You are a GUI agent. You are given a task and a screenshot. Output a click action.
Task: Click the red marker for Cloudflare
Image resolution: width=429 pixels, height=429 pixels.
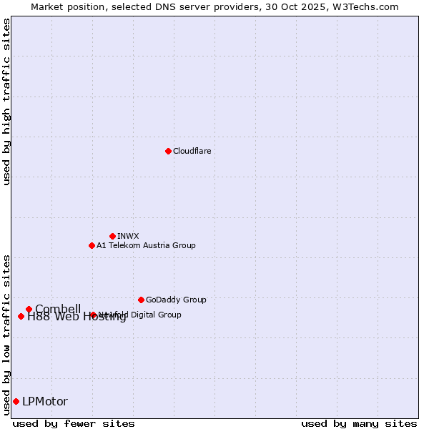pyautogui.click(x=168, y=151)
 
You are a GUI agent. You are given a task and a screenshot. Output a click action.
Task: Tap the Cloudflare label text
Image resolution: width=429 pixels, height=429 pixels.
pyautogui.click(x=192, y=151)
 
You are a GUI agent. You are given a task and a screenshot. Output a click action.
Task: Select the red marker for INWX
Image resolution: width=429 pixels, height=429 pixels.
pyautogui.click(x=112, y=236)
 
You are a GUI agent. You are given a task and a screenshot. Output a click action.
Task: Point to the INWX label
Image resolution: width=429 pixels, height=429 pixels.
pyautogui.click(x=128, y=236)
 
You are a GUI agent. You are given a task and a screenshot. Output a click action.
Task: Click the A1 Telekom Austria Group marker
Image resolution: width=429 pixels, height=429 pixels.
pyautogui.click(x=92, y=245)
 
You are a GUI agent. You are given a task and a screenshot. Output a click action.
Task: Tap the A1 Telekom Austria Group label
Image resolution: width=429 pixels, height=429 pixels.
pyautogui.click(x=146, y=245)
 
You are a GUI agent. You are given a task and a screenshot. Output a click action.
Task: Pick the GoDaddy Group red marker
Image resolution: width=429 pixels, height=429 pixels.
pyautogui.click(x=141, y=300)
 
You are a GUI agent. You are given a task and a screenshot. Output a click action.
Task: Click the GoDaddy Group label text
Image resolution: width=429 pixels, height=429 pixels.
pyautogui.click(x=176, y=300)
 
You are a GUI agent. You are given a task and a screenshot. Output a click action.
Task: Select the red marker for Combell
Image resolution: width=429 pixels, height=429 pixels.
pyautogui.click(x=29, y=309)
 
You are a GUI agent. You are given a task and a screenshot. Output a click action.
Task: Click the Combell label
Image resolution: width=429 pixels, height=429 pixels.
pyautogui.click(x=58, y=309)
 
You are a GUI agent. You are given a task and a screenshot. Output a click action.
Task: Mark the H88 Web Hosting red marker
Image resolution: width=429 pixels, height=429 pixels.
pyautogui.click(x=21, y=316)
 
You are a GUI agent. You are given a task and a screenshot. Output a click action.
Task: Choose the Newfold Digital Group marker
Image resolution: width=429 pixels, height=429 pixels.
pyautogui.click(x=93, y=315)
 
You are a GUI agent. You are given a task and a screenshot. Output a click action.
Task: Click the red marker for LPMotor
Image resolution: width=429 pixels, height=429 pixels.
pyautogui.click(x=16, y=401)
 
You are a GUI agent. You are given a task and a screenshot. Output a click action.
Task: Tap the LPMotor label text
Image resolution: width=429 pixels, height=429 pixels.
pyautogui.click(x=45, y=401)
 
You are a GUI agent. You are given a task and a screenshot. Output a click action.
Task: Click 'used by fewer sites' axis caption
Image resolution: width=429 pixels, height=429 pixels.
pyautogui.click(x=74, y=423)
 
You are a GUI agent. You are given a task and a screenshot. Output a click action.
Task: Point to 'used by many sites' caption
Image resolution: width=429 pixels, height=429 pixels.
pyautogui.click(x=359, y=423)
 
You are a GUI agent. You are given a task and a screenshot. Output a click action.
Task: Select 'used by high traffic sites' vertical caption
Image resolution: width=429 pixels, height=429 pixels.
pyautogui.click(x=6, y=102)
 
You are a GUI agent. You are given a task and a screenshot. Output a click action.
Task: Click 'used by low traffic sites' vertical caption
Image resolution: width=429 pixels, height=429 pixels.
pyautogui.click(x=6, y=335)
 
